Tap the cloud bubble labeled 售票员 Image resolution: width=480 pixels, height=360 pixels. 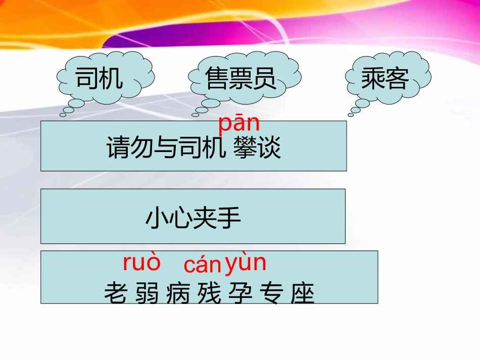click(241, 79)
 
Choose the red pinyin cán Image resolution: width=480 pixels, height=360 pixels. click(203, 265)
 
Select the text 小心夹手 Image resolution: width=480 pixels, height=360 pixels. click(193, 218)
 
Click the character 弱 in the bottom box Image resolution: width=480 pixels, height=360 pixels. click(148, 293)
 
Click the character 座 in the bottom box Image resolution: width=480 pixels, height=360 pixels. click(302, 293)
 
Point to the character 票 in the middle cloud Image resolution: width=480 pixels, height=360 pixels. click(241, 79)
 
